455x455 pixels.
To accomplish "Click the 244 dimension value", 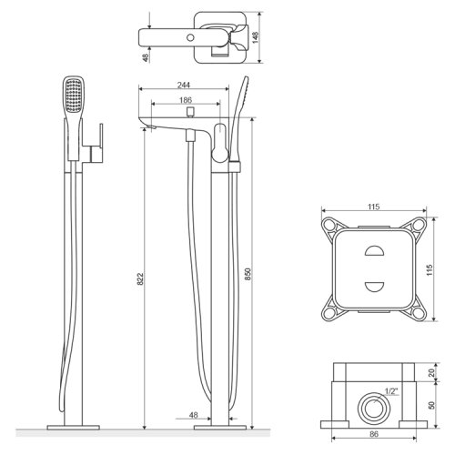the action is [x=184, y=85].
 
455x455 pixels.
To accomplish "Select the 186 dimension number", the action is [x=186, y=100].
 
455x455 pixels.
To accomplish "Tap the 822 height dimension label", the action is [x=140, y=279].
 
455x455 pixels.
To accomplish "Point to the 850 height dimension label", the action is [x=248, y=274].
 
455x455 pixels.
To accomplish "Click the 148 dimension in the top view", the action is [x=256, y=37].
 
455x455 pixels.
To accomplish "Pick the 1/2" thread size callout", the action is [x=391, y=391].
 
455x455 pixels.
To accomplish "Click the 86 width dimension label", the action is [x=374, y=434].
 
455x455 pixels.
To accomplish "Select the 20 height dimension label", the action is [x=431, y=373].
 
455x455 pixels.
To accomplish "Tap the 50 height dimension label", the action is [x=431, y=405].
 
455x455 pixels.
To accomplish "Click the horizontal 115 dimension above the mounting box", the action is [x=374, y=207].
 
